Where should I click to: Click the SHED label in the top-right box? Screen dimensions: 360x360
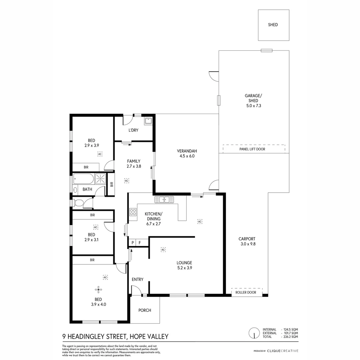coord(273,25)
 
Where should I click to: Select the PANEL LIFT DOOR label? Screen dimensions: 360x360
coord(252,149)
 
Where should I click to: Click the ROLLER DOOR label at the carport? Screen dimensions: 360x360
coord(246,292)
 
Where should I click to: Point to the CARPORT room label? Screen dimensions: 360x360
coord(247,239)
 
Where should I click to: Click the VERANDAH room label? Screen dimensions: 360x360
coord(187,151)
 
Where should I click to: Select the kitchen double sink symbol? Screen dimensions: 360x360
coord(164,199)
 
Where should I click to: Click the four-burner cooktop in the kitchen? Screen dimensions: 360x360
coord(133,212)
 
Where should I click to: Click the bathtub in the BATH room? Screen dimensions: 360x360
coord(84,179)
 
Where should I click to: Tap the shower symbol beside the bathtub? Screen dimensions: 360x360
coord(100,179)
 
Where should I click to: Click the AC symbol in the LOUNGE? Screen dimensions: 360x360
coord(163,249)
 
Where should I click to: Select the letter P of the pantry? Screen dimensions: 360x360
coord(133,243)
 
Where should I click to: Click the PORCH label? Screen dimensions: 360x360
coord(145,310)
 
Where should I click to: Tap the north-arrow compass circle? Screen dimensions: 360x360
coord(254,333)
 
